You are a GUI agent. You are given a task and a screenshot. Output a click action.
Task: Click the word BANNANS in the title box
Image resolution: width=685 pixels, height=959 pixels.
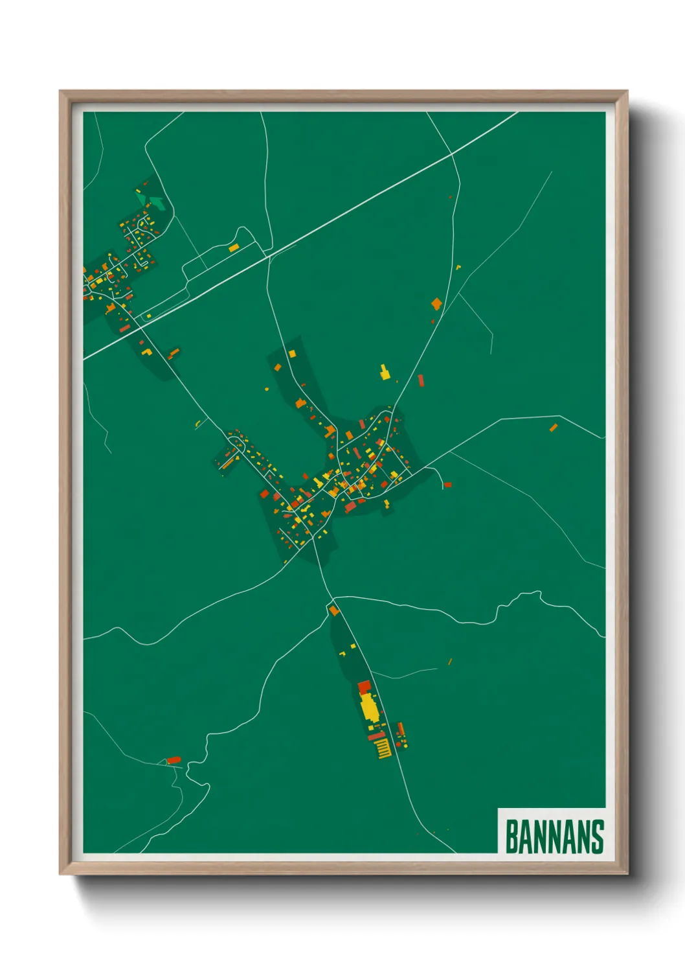tap(554, 837)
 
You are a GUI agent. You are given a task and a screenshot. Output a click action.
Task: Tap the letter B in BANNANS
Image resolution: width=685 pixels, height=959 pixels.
tap(511, 837)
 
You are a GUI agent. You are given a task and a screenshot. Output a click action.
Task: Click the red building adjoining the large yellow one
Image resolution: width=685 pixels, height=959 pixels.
tap(364, 686)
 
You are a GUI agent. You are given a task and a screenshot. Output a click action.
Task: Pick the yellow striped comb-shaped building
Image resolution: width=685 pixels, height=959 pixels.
tap(383, 749)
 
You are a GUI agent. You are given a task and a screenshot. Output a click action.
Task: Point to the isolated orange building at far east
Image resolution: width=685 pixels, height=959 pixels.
tap(554, 427)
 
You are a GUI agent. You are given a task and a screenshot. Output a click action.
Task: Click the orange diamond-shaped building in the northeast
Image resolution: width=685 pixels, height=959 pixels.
tap(437, 303)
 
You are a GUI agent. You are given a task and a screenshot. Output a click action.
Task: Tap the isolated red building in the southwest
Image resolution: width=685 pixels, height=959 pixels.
tap(174, 760)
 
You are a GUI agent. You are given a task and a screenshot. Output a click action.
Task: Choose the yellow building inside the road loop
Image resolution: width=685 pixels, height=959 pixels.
tap(234, 247)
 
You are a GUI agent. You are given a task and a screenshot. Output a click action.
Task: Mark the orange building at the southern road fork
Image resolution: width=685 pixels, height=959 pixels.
tap(334, 610)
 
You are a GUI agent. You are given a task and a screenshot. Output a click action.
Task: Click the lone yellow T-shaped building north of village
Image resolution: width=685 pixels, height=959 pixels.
tap(385, 373)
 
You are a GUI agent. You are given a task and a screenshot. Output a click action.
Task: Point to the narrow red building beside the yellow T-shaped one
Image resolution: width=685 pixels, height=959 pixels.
tap(420, 380)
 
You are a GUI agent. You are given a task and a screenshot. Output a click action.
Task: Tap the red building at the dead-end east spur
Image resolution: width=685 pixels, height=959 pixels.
tap(447, 484)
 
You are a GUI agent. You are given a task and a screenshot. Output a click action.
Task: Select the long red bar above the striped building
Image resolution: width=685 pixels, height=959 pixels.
tap(376, 736)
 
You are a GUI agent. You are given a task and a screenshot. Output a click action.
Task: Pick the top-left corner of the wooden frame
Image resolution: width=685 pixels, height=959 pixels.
tap(61, 92)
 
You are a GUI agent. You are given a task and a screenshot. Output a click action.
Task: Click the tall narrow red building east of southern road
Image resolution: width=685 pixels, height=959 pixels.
tap(401, 729)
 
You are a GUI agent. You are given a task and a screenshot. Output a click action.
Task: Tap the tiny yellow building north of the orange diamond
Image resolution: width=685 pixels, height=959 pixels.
tap(458, 266)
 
